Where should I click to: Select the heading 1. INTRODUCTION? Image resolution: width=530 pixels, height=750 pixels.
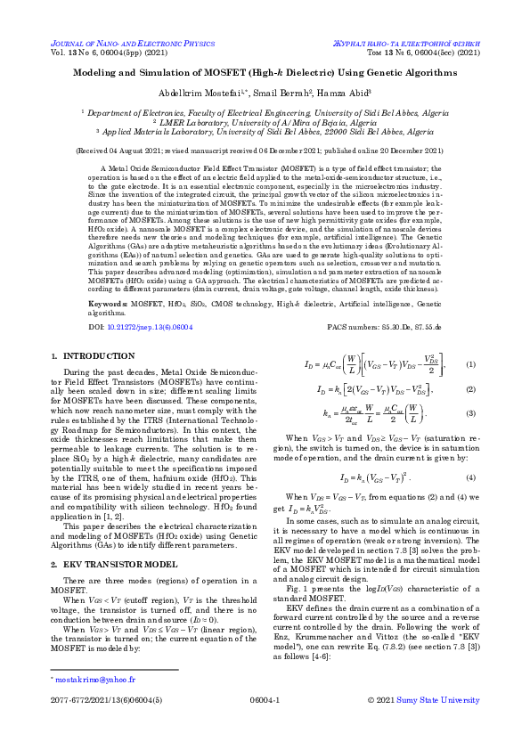point(84,356)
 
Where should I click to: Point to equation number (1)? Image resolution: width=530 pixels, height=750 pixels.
point(471,366)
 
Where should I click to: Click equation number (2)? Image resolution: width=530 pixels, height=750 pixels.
point(471,389)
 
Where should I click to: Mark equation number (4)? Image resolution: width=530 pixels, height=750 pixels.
point(471,477)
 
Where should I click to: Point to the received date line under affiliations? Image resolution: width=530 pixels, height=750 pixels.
point(265,151)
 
